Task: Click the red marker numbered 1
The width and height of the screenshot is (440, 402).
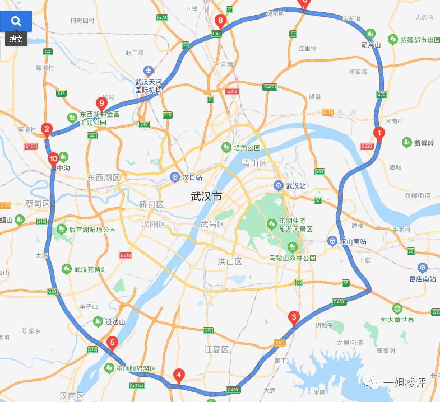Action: coord(379,133)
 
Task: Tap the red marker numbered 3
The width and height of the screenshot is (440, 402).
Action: coord(293,317)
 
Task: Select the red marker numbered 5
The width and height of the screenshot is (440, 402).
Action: coord(112,343)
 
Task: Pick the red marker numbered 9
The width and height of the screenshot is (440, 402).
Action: coord(101,102)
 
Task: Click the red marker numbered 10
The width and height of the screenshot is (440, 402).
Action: coord(53,158)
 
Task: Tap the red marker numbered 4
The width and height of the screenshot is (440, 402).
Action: coord(179,375)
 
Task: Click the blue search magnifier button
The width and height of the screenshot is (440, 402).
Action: coord(16,21)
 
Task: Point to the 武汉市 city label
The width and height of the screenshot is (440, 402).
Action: coord(206,197)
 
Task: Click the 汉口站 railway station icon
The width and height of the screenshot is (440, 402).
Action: coord(174,177)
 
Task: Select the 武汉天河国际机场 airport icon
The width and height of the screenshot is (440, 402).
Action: coord(148,71)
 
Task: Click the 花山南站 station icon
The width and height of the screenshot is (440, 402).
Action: coord(332,241)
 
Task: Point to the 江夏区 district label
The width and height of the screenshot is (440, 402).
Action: coord(216,349)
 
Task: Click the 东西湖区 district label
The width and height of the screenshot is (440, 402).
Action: coord(104,177)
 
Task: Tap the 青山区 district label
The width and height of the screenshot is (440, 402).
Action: coord(254,163)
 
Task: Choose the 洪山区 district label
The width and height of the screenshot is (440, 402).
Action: coord(230,261)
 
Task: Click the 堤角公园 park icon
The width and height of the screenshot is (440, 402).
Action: coord(226,147)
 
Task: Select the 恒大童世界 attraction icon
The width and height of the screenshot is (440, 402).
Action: coord(397,308)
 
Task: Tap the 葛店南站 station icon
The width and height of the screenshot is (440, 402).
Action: coord(422,268)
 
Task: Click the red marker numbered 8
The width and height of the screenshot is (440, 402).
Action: coord(220,22)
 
